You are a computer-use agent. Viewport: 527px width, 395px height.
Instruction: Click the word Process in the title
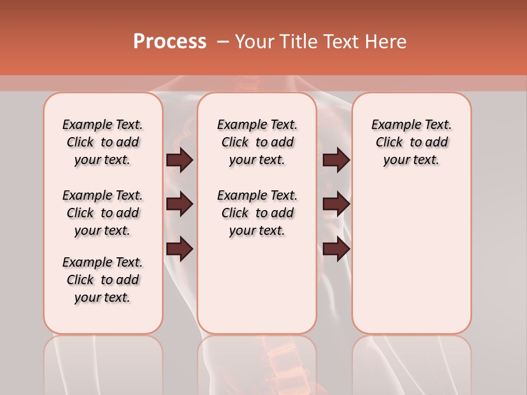(170, 41)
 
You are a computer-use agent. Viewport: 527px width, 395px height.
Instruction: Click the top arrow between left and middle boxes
(180, 160)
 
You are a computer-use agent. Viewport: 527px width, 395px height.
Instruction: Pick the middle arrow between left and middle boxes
(180, 205)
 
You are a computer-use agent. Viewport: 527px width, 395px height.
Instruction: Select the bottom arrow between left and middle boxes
(180, 249)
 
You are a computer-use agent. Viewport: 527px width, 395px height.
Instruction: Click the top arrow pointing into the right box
(336, 160)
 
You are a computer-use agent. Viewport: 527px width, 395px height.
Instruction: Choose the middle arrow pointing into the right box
(336, 205)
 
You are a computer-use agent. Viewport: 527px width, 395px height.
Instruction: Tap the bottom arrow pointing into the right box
(336, 249)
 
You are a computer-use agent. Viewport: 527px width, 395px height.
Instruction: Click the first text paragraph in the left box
(103, 142)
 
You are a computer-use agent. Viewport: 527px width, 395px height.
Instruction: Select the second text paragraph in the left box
(103, 213)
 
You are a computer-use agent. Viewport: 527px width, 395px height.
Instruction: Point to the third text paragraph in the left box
(103, 280)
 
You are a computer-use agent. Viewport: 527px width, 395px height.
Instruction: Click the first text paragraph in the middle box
(257, 142)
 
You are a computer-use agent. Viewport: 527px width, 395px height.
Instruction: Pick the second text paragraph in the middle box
(257, 213)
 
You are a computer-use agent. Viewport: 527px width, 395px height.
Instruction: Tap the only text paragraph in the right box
(411, 142)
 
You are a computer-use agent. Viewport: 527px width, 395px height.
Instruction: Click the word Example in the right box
(394, 125)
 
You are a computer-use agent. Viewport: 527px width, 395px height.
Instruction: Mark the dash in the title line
(223, 41)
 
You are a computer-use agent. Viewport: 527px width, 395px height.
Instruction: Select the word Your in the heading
(255, 41)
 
